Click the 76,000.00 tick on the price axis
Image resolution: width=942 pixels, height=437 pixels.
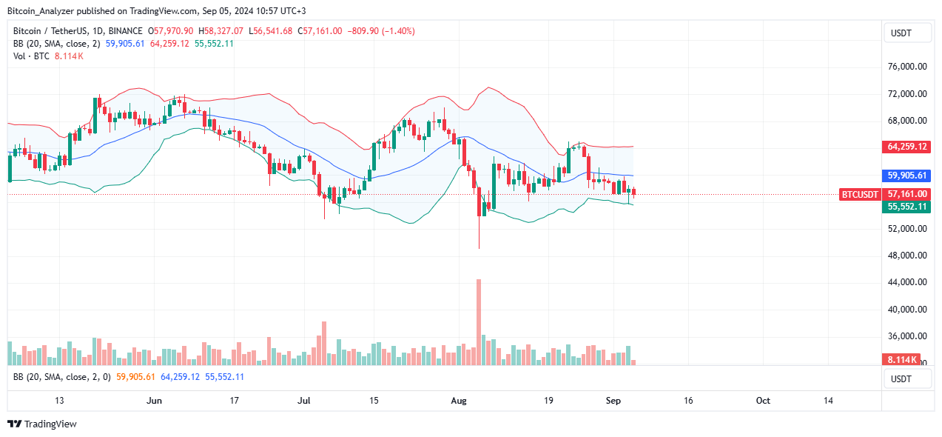[x=906, y=67]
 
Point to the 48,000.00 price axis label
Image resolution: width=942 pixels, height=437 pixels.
[x=906, y=256]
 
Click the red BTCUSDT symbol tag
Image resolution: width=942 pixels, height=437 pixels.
[x=861, y=195]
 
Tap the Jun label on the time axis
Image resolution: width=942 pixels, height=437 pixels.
[x=154, y=401]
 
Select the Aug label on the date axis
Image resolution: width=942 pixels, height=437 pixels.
[x=459, y=401]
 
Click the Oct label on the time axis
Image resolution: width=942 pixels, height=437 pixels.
[x=763, y=401]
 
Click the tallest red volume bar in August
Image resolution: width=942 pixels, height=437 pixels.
[x=479, y=322]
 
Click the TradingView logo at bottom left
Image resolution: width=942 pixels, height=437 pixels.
[x=42, y=424]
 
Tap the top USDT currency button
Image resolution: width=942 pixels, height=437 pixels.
[x=901, y=33]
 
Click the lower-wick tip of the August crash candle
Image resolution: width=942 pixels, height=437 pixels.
[x=479, y=248]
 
